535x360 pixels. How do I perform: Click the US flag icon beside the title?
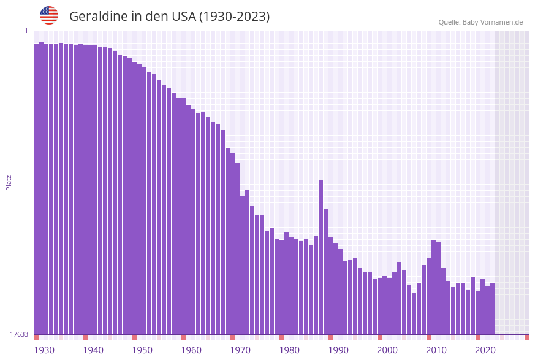pos(49,15)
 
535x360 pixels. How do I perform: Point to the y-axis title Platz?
pos(9,182)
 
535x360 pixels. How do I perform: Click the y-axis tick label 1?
pos(26,31)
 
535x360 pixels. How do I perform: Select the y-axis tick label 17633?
pos(19,334)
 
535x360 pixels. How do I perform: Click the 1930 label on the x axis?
pos(44,350)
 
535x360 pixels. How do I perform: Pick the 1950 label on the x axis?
pos(142,350)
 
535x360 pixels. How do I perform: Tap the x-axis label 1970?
pos(240,350)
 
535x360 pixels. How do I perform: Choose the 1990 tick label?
pos(338,350)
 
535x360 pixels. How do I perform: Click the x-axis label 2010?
pos(436,350)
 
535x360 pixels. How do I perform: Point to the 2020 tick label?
pos(485,350)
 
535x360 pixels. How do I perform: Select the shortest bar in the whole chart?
pos(414,313)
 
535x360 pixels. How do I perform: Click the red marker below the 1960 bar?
pos(183,337)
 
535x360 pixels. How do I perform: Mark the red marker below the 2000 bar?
pos(379,337)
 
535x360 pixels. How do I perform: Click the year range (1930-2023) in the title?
pos(234,17)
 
